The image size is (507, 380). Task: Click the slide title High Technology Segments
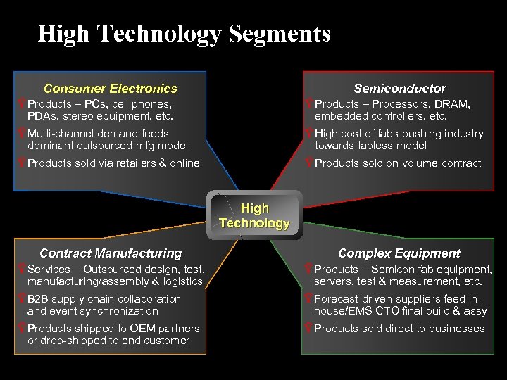coord(184,33)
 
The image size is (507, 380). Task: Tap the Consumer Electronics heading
coord(111,89)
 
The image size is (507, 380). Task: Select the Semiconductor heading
coord(399,89)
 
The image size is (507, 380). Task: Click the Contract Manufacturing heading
coord(111,253)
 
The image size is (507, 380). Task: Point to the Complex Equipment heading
coord(399,253)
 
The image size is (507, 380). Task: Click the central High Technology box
coord(254,216)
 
